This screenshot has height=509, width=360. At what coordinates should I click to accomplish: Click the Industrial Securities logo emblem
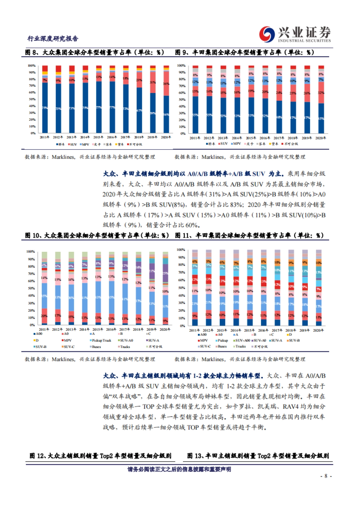coord(267,34)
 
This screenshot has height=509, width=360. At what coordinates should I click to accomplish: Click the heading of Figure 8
coord(94,52)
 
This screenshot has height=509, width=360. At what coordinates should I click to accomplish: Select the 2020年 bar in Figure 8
coord(166,99)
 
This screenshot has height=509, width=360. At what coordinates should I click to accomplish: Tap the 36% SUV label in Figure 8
coord(166,84)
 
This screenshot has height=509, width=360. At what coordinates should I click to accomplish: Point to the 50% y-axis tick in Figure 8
coord(32,99)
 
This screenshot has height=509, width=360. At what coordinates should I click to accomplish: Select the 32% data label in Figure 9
coord(321,93)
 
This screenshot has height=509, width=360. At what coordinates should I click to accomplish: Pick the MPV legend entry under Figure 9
coord(236,144)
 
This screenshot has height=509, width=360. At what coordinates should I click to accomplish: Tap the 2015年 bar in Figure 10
coord(98,288)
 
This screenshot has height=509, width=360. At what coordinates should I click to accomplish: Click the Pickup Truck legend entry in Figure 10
coord(100,340)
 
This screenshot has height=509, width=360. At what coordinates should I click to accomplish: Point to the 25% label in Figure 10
coord(165,273)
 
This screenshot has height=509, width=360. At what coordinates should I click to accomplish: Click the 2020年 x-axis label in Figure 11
coord(318,330)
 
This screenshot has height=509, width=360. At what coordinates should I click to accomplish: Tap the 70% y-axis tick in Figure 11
coord(181,272)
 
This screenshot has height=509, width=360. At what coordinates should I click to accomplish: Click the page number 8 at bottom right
coord(326,476)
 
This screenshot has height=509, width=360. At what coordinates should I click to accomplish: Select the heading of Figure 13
coord(258,456)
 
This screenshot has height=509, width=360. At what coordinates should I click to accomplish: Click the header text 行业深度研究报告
coord(53,38)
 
